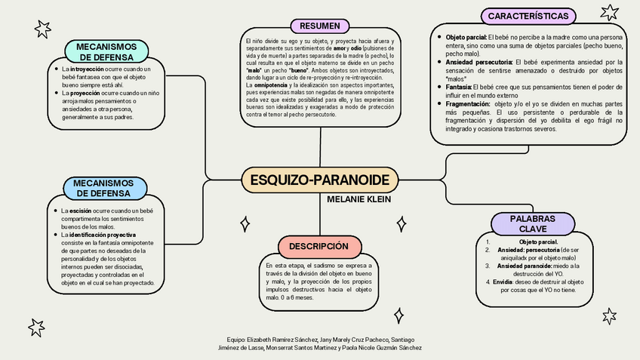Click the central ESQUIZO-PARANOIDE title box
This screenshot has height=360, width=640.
pyautogui.click(x=319, y=180)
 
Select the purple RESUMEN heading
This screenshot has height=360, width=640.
pyautogui.click(x=319, y=26)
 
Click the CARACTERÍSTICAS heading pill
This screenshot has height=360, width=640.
pyautogui.click(x=528, y=16)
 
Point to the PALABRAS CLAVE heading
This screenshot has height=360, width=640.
pyautogui.click(x=532, y=223)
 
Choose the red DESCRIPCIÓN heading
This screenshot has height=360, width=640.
pyautogui.click(x=318, y=246)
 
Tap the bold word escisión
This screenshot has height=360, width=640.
pyautogui.click(x=82, y=211)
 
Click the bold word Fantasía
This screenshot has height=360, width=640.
pyautogui.click(x=459, y=88)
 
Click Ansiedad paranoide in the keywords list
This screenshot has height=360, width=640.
pyautogui.click(x=523, y=266)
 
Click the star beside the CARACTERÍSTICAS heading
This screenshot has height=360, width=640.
pyautogui.click(x=608, y=12)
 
